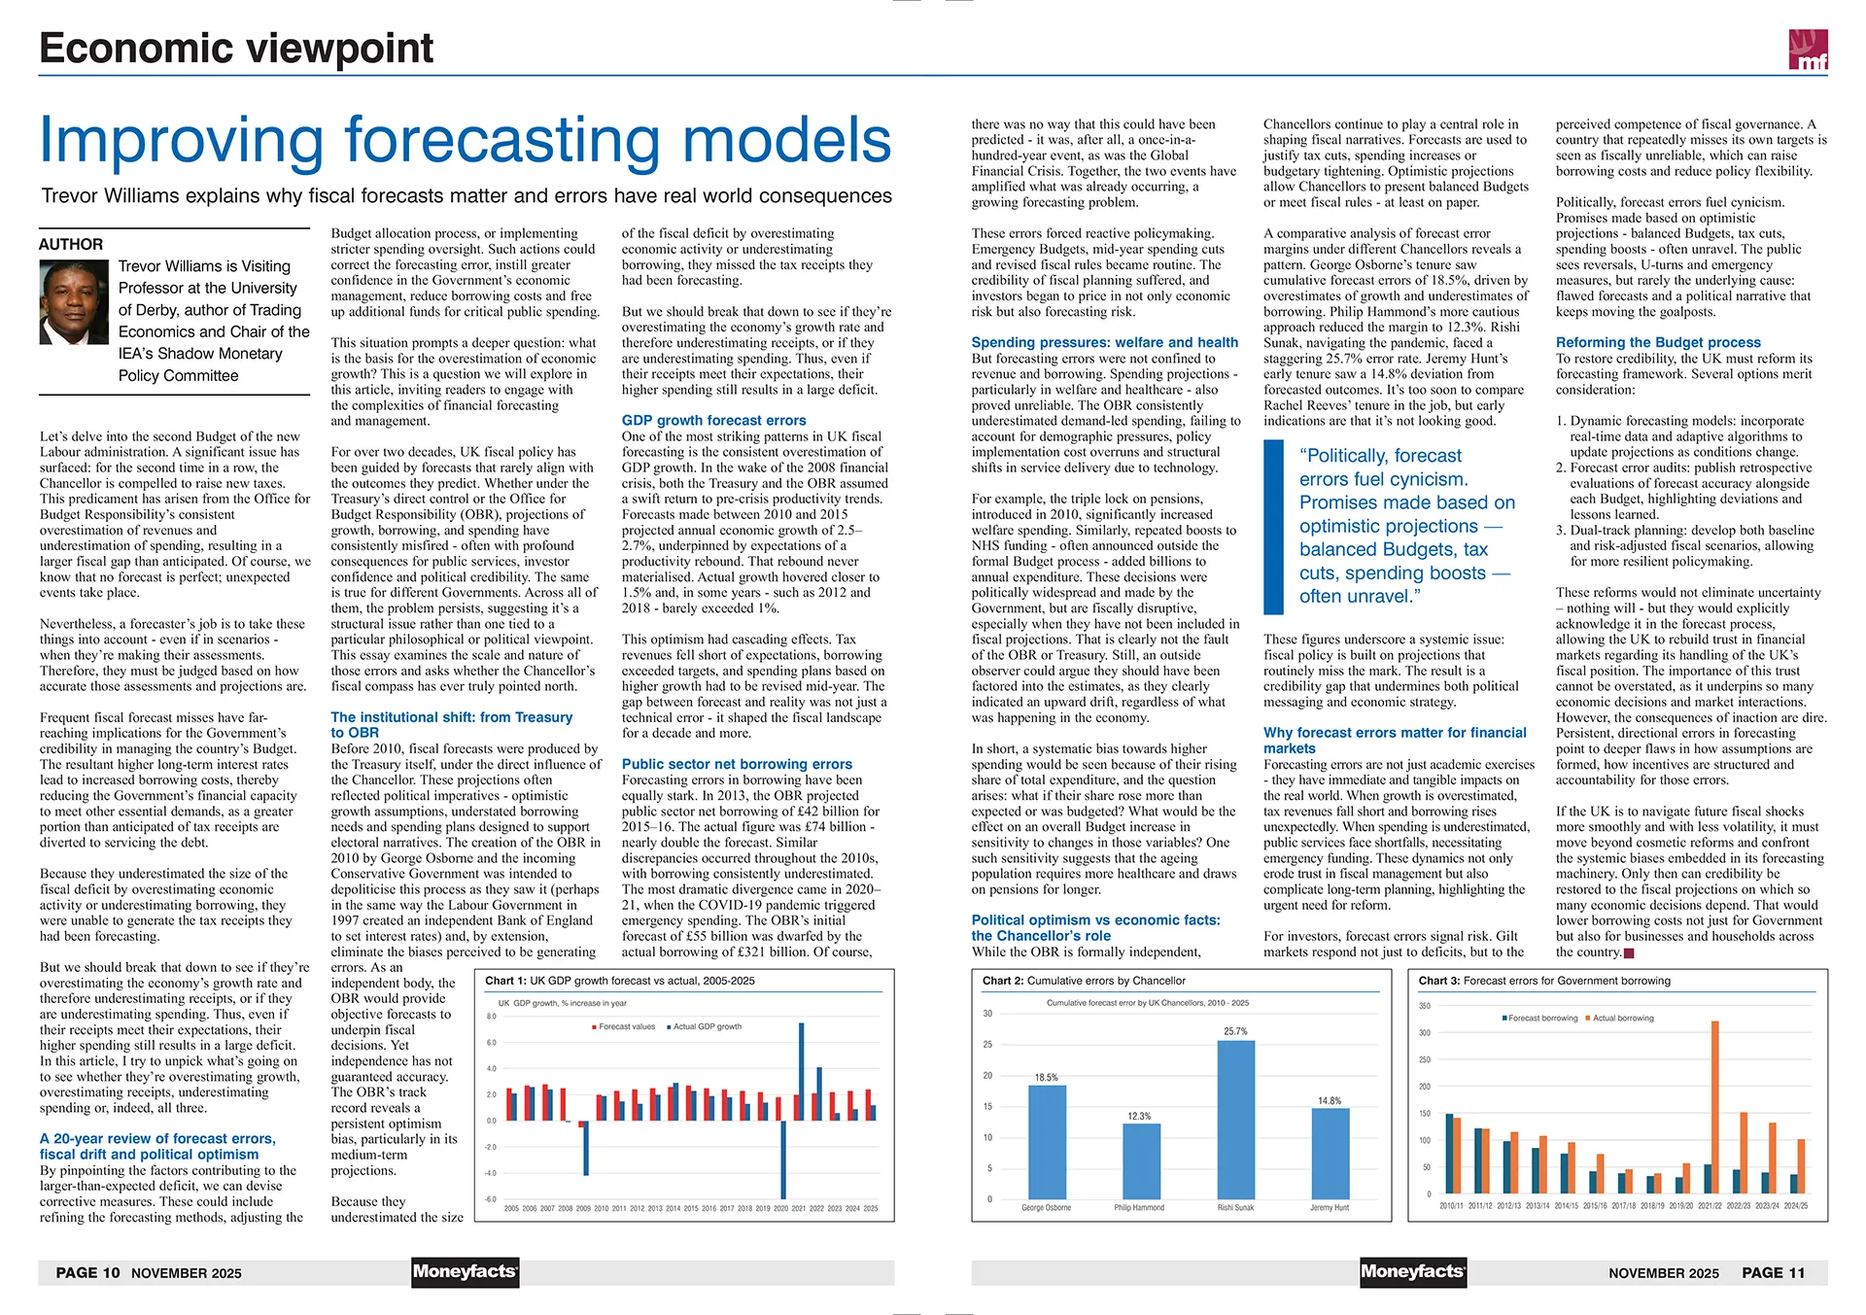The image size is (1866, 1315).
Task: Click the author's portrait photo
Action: click(x=74, y=301)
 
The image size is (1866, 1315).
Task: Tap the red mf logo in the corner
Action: click(x=1808, y=50)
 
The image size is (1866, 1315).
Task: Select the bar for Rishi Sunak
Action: click(x=1235, y=1119)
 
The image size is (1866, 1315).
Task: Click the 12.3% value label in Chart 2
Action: click(x=1139, y=1116)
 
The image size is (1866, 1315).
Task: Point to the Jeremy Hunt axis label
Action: click(x=1329, y=1207)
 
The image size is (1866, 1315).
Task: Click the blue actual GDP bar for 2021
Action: click(x=802, y=1071)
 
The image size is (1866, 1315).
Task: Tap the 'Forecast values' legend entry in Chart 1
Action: click(x=626, y=1026)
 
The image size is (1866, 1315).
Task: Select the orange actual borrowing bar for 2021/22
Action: click(x=1715, y=1106)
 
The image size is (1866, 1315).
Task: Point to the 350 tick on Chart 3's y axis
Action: click(x=1425, y=1006)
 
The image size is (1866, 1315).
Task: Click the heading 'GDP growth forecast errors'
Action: click(x=713, y=421)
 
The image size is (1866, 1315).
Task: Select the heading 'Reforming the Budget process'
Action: click(x=1657, y=342)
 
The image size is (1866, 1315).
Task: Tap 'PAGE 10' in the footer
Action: click(x=87, y=1272)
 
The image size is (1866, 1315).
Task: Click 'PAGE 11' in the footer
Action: click(x=1773, y=1272)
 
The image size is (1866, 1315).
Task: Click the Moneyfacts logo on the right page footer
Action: click(x=1412, y=1271)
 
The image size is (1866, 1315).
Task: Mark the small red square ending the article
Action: click(x=1629, y=953)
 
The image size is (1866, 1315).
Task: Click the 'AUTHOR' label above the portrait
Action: click(x=71, y=244)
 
